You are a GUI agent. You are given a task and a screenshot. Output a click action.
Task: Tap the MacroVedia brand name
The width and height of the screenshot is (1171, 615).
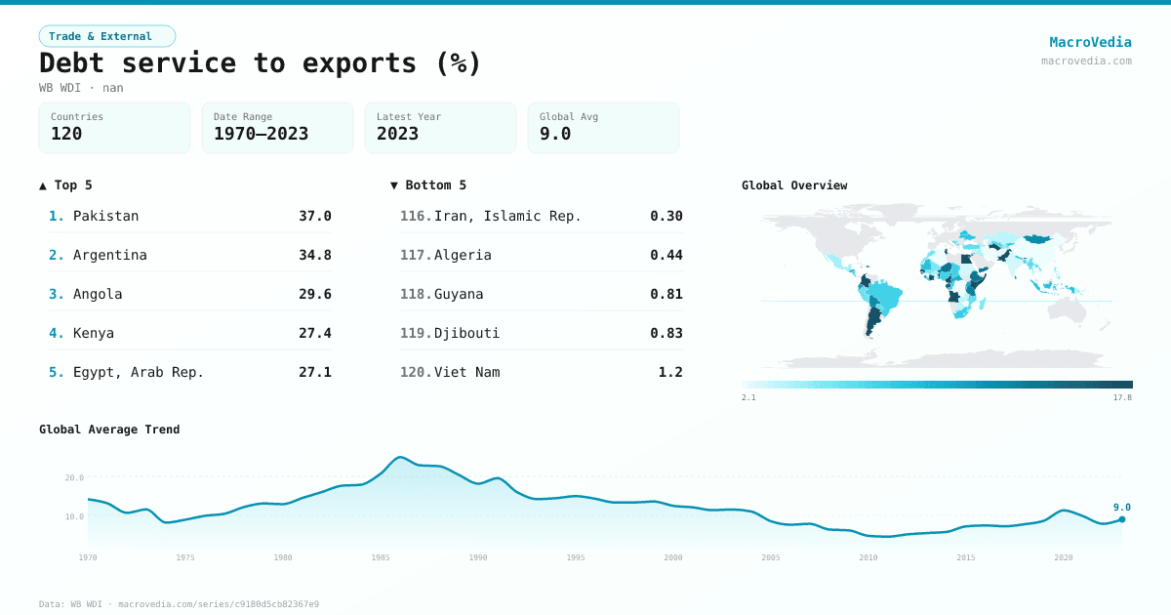1090,42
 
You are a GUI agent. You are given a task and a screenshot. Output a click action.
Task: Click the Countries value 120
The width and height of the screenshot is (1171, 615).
66,134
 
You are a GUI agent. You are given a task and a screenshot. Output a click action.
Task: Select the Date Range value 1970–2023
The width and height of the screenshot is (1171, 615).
261,134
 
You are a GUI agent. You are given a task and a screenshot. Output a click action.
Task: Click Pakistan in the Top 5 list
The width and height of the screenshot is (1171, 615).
105,216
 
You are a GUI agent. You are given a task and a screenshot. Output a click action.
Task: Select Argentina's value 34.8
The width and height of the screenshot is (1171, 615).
315,255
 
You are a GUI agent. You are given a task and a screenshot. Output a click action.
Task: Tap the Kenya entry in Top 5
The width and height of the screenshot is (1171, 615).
94,333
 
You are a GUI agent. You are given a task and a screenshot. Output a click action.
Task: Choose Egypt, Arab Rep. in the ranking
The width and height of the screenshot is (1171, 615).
138,372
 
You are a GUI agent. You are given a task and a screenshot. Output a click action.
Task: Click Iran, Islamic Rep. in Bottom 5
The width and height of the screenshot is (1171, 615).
507,216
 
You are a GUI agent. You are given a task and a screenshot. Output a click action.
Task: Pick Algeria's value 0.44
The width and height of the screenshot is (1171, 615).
666,255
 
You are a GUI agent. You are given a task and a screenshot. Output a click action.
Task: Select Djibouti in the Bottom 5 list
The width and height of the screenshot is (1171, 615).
466,333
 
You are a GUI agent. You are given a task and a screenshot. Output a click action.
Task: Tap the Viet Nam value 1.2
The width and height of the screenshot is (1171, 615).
670,372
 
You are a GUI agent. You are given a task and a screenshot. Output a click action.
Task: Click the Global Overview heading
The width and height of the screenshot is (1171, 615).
794,185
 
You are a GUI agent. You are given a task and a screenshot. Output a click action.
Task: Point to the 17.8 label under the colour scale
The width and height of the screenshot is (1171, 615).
1122,397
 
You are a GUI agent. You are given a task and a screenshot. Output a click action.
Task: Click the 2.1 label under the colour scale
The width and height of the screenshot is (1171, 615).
748,397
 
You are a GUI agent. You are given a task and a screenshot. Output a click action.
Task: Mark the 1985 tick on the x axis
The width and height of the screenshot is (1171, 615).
381,557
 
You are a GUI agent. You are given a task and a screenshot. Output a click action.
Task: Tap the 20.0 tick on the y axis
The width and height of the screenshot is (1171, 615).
74,477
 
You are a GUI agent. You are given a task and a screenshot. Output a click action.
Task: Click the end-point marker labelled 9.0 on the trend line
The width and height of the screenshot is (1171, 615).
1122,519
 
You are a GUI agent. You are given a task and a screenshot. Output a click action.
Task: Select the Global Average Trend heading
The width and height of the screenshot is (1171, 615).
109,430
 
